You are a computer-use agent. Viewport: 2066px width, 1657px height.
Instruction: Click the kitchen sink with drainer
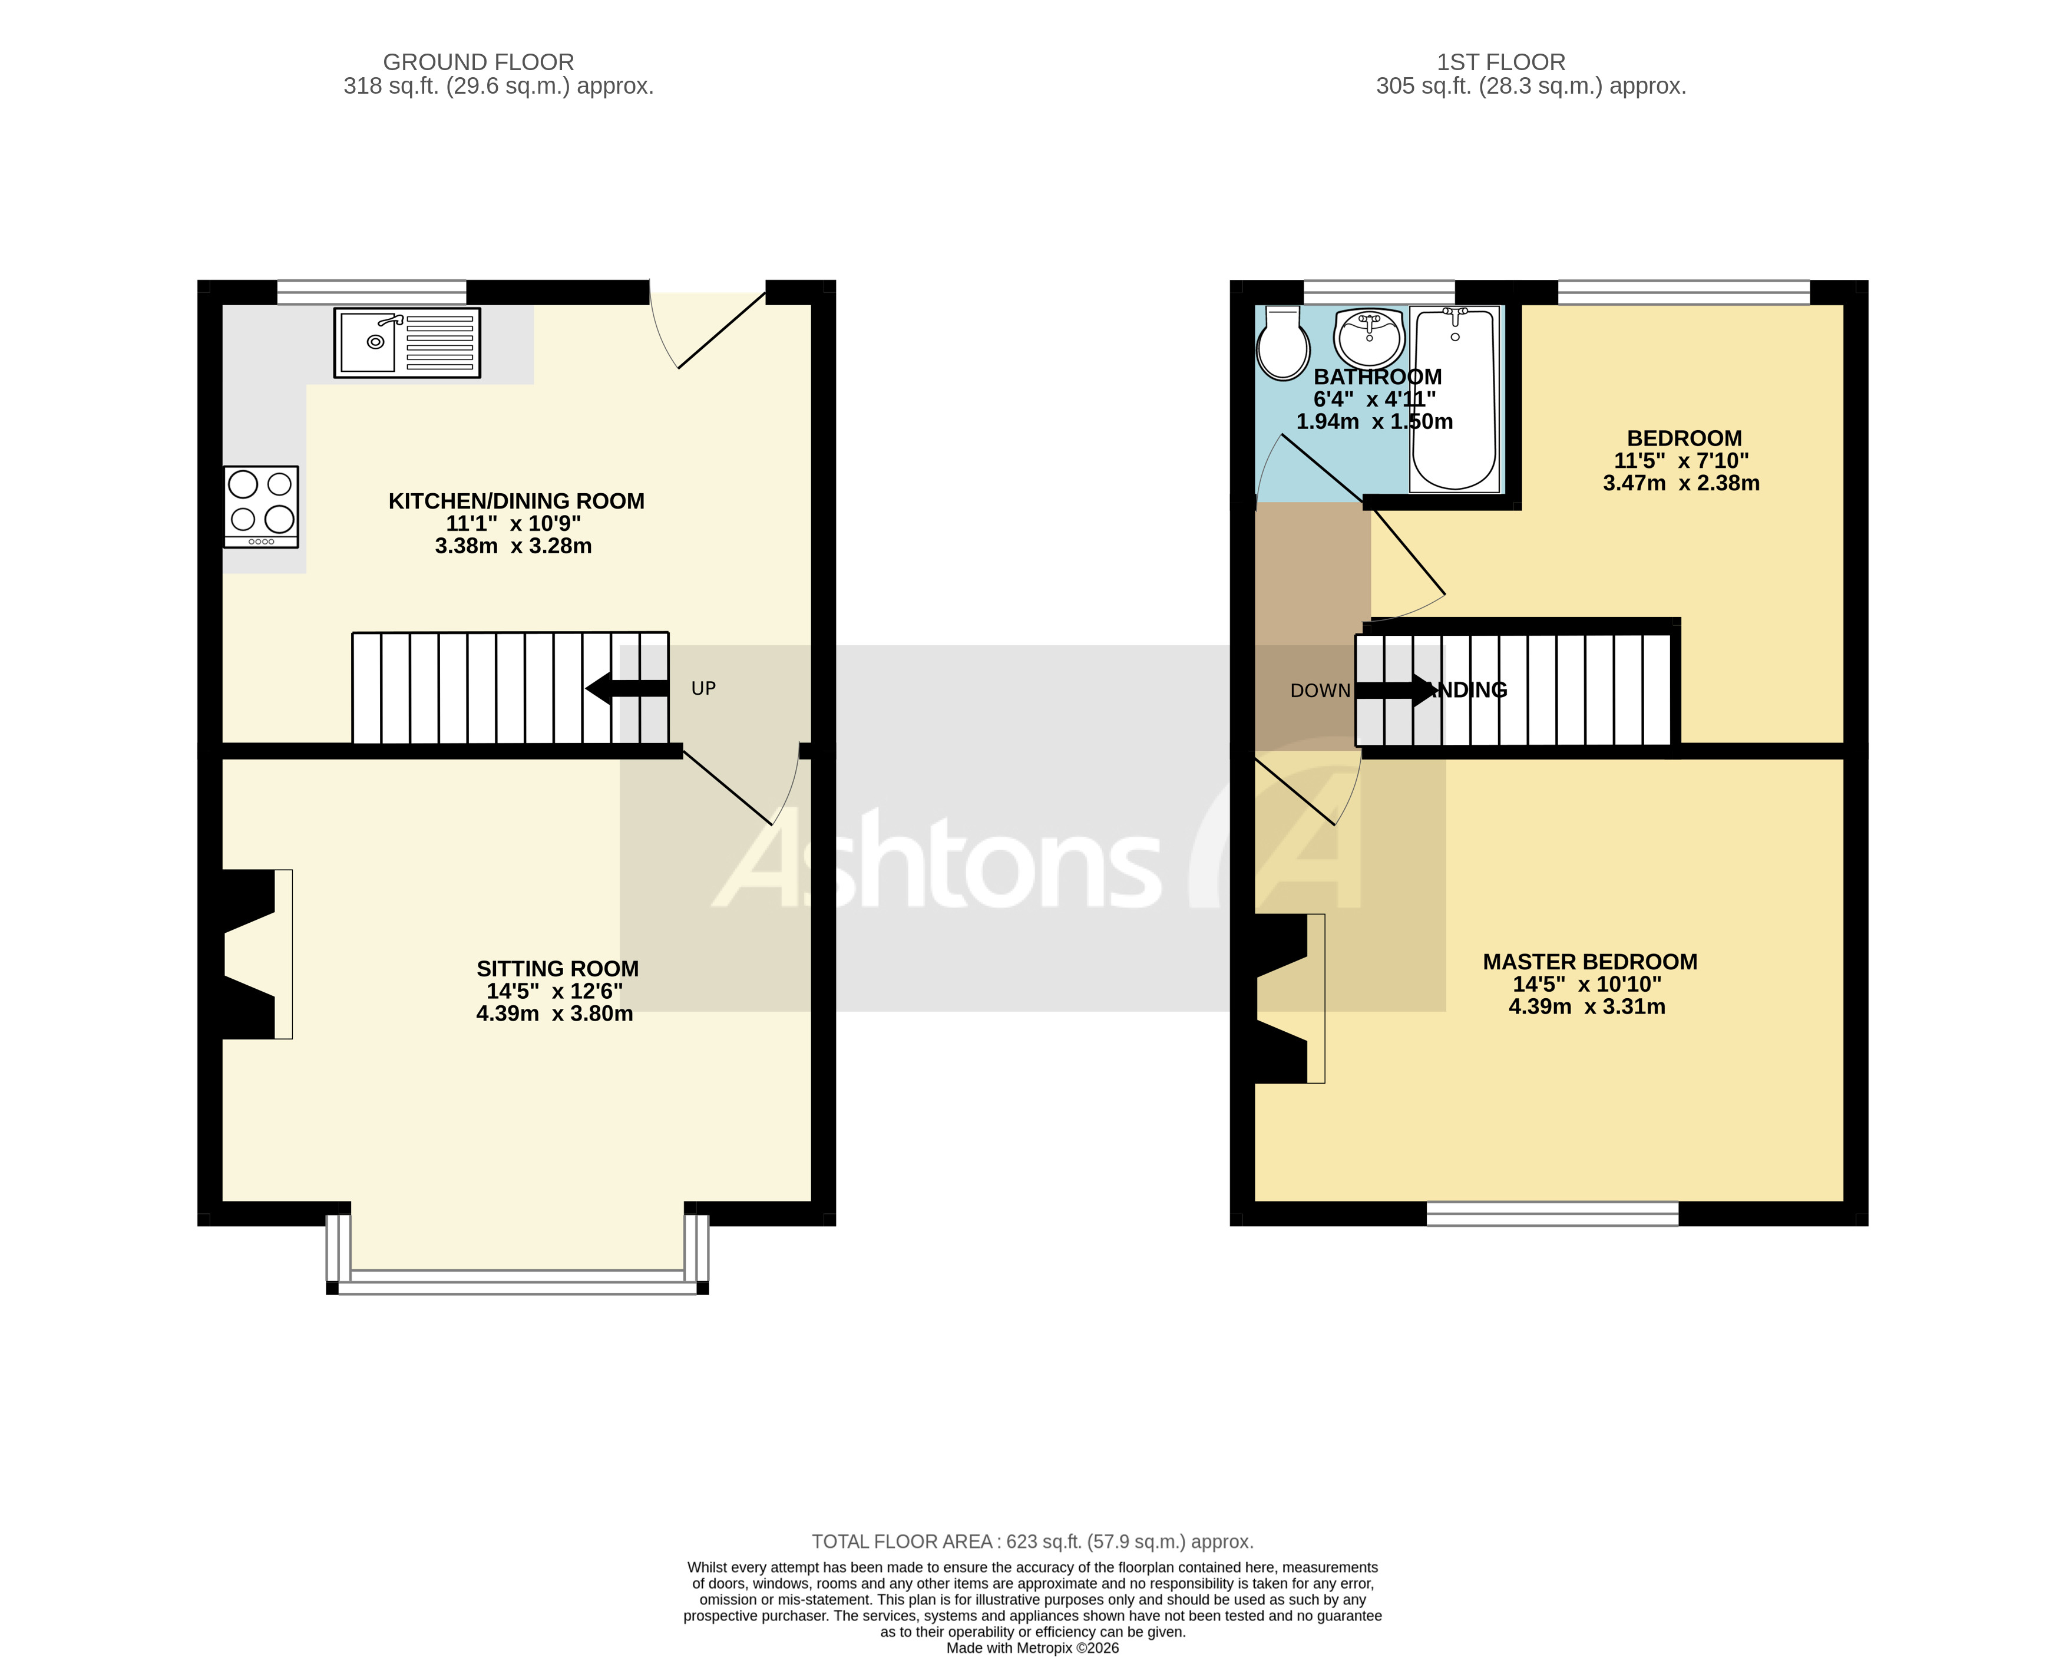406,342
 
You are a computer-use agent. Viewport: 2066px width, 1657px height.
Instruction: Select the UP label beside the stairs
703,688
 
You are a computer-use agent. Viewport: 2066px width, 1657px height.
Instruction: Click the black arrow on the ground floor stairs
627,688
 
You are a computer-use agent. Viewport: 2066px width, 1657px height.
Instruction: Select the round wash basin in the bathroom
1369,335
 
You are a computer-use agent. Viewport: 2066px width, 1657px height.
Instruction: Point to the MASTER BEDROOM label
1590,962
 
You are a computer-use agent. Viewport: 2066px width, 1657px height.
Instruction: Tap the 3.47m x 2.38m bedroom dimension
1681,483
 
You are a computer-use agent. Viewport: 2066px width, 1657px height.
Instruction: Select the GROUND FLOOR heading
478,62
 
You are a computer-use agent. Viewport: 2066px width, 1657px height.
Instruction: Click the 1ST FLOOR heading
1500,62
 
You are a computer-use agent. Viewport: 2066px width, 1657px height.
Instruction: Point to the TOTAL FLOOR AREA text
1032,1542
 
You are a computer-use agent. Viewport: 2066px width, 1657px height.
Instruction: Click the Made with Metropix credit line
1032,1648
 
